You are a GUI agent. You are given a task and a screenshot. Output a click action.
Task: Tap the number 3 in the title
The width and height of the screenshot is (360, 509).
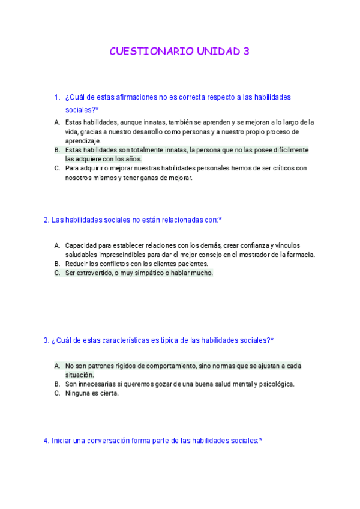tap(245, 52)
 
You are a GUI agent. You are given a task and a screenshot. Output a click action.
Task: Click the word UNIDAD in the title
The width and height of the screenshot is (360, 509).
tap(217, 52)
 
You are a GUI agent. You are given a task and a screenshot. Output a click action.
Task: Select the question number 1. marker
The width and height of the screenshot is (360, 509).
tap(57, 97)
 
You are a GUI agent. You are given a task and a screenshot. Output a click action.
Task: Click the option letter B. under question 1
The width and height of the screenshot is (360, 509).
tap(57, 150)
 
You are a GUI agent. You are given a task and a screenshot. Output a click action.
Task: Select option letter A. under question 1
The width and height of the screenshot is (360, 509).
tap(57, 122)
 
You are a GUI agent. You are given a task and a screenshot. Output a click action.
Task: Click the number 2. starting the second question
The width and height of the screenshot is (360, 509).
tap(46, 220)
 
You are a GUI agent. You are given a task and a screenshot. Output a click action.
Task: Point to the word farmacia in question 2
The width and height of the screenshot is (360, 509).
tap(299, 254)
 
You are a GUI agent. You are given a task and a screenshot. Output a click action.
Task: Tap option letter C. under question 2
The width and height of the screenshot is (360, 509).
tap(57, 273)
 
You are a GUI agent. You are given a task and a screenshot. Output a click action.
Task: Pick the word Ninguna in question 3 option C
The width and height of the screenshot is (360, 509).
tap(77, 393)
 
